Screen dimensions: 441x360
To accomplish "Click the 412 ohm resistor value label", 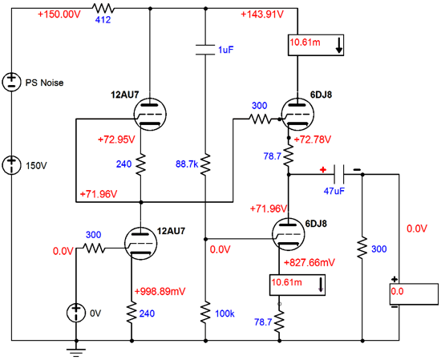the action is [x=103, y=20].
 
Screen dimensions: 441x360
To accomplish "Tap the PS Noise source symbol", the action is [x=11, y=82].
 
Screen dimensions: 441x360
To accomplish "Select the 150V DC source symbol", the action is [x=11, y=165].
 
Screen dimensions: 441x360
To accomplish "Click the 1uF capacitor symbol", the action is [x=205, y=50].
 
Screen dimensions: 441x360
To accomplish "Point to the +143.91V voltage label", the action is [x=262, y=14].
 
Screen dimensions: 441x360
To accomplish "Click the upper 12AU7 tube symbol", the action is [x=150, y=114].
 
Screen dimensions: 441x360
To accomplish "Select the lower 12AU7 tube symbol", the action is [x=140, y=243].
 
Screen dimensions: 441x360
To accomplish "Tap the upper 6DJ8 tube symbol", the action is [x=297, y=114].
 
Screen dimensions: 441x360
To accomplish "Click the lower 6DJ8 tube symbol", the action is [x=289, y=234].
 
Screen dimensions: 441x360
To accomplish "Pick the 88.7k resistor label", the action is [x=187, y=164].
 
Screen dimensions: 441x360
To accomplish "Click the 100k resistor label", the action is [x=225, y=313].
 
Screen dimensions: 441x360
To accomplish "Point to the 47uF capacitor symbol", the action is [x=339, y=174].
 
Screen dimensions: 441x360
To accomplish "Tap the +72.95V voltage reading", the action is [x=116, y=140].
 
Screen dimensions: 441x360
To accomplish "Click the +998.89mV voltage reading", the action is [x=160, y=291].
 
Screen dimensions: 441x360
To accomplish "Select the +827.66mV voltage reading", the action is [x=310, y=263].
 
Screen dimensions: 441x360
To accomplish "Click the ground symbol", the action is [x=76, y=352].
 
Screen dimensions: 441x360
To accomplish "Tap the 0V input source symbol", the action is [x=76, y=313].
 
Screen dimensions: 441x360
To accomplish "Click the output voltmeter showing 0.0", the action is [x=414, y=294].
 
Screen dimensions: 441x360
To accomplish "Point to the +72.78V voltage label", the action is [x=313, y=140].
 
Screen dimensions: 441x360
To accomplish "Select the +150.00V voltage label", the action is [x=59, y=14].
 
